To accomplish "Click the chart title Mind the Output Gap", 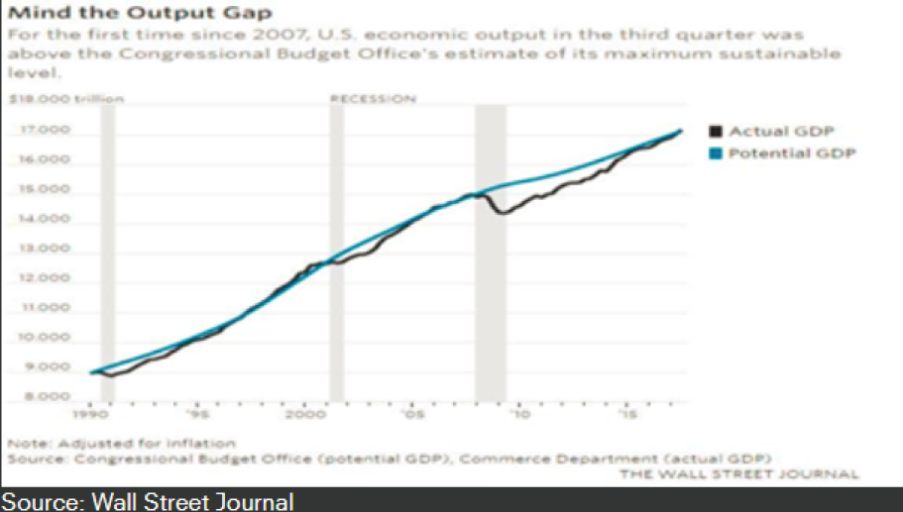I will (x=139, y=14).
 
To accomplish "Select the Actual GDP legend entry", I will (x=781, y=131).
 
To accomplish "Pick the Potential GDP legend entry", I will (x=790, y=153).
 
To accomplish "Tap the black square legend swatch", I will (x=716, y=131).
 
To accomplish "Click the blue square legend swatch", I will (x=716, y=153).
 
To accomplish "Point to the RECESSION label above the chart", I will (x=373, y=99).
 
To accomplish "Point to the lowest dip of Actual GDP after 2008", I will (x=503, y=213).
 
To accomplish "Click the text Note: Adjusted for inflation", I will (x=121, y=443).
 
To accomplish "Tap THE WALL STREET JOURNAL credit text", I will (x=739, y=474).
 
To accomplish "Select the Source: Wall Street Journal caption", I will (x=147, y=501).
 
